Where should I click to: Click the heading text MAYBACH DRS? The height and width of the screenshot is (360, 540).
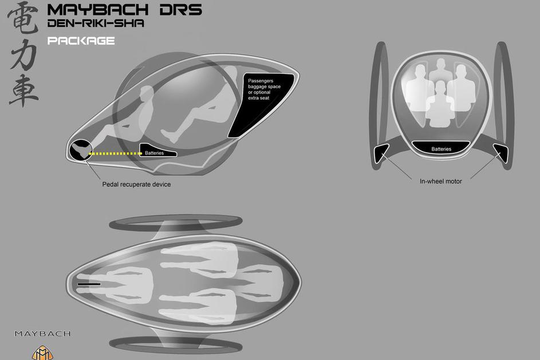point(124,10)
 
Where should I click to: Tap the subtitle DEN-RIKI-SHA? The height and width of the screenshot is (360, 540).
point(96,23)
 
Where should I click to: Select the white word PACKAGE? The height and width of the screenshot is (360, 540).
point(81,41)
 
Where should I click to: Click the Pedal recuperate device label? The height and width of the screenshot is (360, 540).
point(136,184)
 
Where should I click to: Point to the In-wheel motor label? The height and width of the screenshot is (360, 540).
point(440,181)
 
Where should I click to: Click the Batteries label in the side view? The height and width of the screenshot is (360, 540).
point(154,153)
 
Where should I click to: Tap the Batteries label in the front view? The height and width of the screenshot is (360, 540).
point(441,149)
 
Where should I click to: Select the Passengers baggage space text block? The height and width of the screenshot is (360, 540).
point(264,89)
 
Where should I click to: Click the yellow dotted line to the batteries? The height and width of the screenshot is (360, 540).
point(115,153)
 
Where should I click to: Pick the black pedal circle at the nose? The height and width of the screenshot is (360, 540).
point(81,150)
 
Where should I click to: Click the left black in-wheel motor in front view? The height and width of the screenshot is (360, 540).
point(381,153)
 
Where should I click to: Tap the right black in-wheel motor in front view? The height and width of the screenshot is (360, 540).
point(501,153)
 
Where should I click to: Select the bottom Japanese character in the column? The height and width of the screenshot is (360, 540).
point(23,90)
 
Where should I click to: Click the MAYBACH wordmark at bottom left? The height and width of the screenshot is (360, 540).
point(42,334)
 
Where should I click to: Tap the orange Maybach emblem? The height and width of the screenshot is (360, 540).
point(42,353)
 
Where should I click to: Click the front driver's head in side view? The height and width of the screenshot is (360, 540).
point(147,94)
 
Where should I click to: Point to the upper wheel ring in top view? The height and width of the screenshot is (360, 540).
point(176,223)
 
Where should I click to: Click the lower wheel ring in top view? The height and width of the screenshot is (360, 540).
point(176,345)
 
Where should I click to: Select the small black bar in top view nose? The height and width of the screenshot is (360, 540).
point(89,284)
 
